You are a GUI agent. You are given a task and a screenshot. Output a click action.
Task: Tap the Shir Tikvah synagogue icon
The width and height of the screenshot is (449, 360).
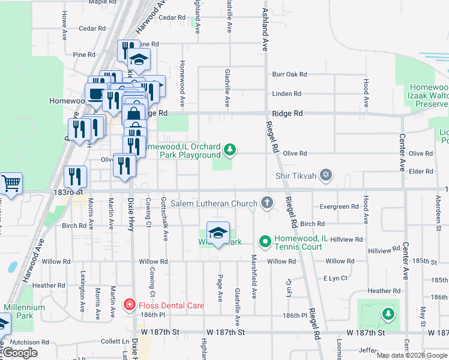point(326,175)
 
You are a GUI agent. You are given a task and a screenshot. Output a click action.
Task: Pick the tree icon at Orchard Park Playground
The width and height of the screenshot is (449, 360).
point(229,149)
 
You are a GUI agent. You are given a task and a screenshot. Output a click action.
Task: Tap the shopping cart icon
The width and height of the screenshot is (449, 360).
point(11,182)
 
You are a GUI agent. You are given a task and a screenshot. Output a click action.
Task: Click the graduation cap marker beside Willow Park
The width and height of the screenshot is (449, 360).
point(218,233)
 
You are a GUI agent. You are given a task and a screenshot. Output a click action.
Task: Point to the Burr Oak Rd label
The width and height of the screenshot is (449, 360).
point(289,74)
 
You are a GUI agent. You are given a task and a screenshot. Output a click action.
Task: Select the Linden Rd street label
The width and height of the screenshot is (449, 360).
point(286,94)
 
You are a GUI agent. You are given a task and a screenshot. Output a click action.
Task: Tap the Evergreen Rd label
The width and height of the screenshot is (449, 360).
point(339,206)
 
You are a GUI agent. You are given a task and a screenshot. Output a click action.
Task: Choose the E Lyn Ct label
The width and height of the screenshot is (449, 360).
point(336,278)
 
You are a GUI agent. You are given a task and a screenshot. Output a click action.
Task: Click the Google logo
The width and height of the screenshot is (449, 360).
point(20,353)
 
